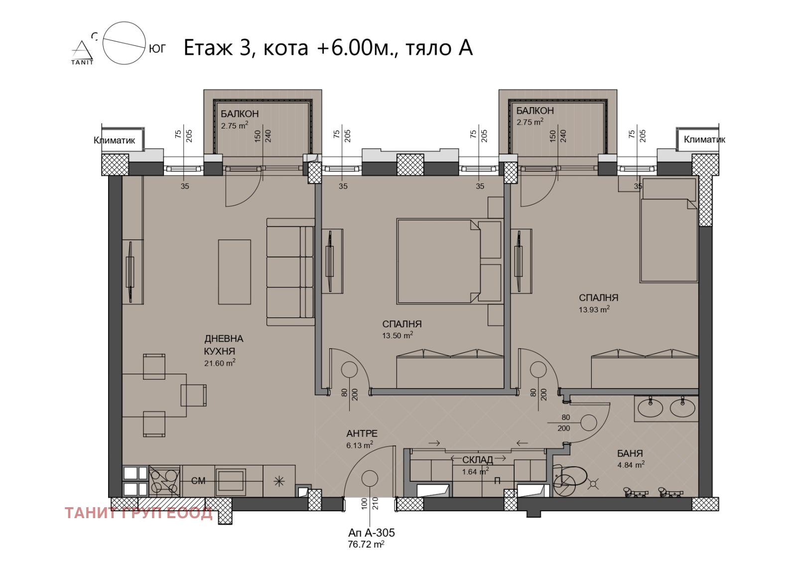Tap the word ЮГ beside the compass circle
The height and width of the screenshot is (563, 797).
coord(157,49)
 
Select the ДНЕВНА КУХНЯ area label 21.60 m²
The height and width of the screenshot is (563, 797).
coord(220,363)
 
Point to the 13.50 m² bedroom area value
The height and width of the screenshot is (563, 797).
coord(398,335)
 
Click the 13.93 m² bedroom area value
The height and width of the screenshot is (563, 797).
coord(594,309)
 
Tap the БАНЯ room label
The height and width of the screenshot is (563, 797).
coord(630,453)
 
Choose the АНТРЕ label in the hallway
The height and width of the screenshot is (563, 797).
coord(362,433)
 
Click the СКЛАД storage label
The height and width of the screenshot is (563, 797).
coord(478,460)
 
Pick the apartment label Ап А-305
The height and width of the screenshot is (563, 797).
coord(371,533)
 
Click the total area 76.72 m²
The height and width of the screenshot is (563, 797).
coord(366,545)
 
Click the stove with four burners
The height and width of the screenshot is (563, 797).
coord(164,481)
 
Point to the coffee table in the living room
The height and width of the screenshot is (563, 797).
coord(235,272)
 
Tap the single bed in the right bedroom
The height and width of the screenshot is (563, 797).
coord(669,230)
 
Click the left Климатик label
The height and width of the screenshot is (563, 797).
coord(114,141)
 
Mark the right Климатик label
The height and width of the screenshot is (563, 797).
coord(704,140)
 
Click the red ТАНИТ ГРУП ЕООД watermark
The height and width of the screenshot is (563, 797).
coord(139,513)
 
